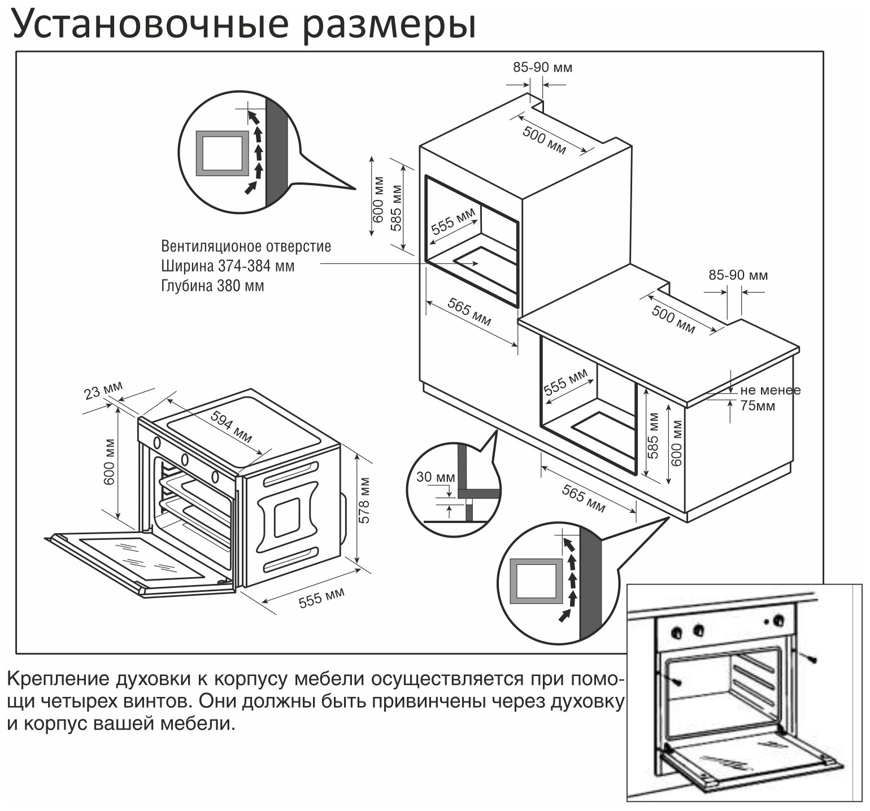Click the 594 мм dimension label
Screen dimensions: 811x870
[232, 426]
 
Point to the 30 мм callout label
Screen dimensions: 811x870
[436, 477]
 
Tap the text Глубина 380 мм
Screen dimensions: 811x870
[212, 286]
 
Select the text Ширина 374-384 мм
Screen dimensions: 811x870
[228, 266]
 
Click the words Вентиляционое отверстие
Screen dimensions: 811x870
[246, 247]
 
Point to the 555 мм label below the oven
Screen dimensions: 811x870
[321, 598]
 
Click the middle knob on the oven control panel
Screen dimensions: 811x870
[184, 459]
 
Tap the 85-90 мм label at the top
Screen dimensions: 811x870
[542, 68]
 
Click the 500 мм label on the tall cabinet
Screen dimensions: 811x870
[543, 141]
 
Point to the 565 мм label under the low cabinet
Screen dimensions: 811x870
[583, 499]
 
